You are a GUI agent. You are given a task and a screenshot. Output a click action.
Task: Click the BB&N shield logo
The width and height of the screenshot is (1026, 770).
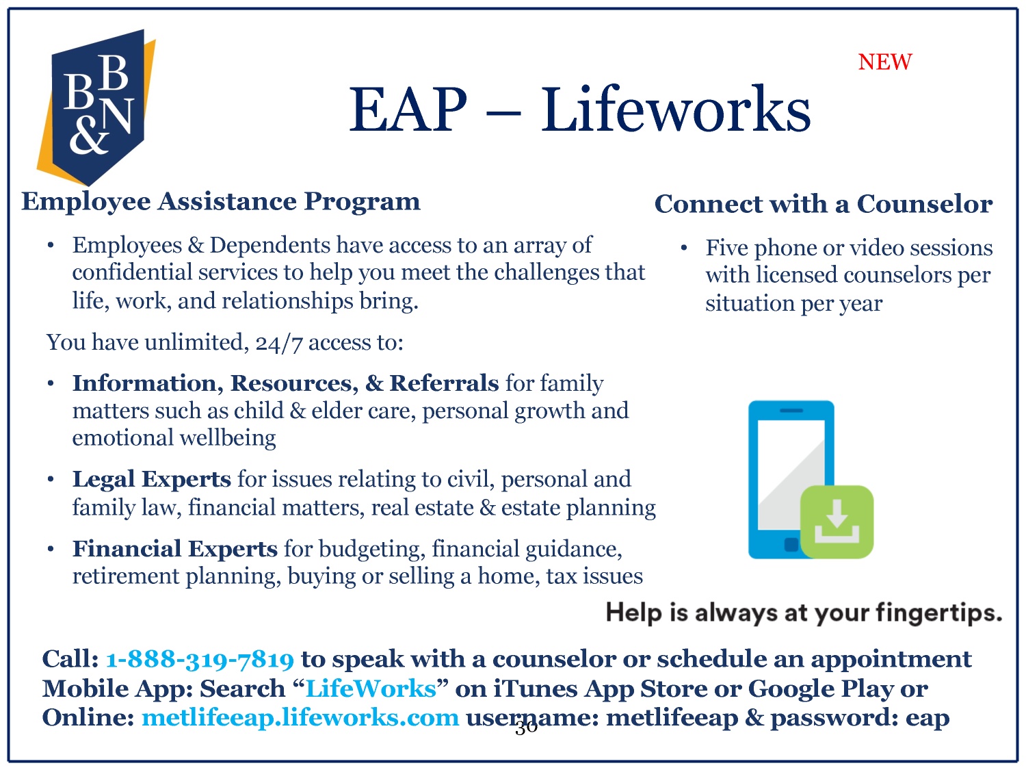click(96, 107)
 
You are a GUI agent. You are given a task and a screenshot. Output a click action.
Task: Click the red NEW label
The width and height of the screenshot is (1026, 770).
click(885, 62)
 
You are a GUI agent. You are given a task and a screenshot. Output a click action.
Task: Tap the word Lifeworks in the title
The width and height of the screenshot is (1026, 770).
click(676, 110)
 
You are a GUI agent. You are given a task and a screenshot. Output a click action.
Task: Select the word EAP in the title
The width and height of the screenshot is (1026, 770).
click(408, 110)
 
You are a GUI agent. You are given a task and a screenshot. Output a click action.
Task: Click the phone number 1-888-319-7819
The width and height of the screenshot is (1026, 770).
click(200, 660)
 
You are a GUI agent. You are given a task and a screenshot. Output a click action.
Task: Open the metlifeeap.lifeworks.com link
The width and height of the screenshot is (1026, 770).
click(300, 717)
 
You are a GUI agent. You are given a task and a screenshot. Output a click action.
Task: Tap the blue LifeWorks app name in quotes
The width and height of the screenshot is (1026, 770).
click(371, 689)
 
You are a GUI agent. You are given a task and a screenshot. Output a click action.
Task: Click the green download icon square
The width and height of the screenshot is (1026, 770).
click(837, 522)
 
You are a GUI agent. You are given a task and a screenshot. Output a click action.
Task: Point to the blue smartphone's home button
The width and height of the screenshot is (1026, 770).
click(791, 545)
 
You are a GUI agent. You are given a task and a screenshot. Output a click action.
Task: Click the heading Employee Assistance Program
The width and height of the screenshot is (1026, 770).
click(221, 201)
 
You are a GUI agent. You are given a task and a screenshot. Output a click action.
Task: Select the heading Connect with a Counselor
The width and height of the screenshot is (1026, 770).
click(824, 204)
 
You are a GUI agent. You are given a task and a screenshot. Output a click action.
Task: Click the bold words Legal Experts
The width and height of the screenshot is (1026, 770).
click(152, 479)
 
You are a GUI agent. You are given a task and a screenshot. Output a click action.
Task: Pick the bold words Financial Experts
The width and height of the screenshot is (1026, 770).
click(175, 549)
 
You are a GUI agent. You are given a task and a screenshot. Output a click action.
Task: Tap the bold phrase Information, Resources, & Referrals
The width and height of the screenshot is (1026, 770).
click(286, 383)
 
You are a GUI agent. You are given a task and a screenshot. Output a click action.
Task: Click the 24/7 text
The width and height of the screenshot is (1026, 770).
click(279, 343)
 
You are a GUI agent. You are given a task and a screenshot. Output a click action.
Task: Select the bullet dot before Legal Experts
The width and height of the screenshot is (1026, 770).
click(51, 480)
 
